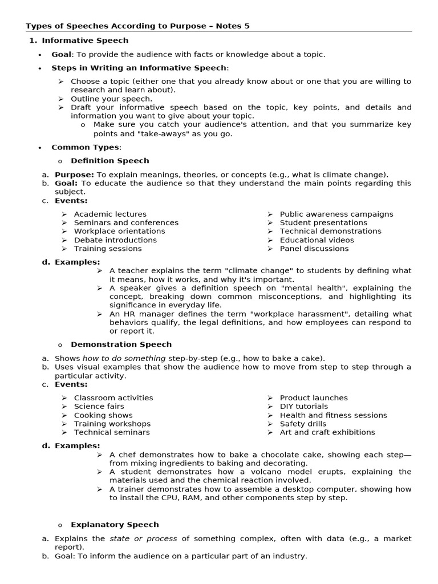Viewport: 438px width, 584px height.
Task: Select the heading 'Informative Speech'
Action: pos(85,40)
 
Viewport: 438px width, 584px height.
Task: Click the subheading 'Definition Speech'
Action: pos(109,161)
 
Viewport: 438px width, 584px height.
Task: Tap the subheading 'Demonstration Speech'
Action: pos(121,344)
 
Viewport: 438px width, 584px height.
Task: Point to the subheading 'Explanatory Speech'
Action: pos(115,525)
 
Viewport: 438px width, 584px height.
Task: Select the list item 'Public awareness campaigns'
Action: pos(336,214)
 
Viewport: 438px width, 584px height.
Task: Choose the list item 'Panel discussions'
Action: pos(314,249)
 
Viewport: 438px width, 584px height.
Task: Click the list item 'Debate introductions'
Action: pos(115,240)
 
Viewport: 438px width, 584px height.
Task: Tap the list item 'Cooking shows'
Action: pos(103,415)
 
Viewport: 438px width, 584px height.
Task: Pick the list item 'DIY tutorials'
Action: pos(304,407)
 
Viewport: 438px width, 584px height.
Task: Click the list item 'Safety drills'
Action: pos(303,424)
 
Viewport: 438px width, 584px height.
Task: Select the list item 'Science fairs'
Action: pos(99,407)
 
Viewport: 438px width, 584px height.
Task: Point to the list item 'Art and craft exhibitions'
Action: pos(327,432)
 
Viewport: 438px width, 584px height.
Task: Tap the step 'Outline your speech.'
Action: pos(111,99)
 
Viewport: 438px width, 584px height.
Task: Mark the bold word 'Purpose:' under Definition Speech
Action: pos(74,175)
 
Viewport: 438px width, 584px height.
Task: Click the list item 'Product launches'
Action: pos(313,398)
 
